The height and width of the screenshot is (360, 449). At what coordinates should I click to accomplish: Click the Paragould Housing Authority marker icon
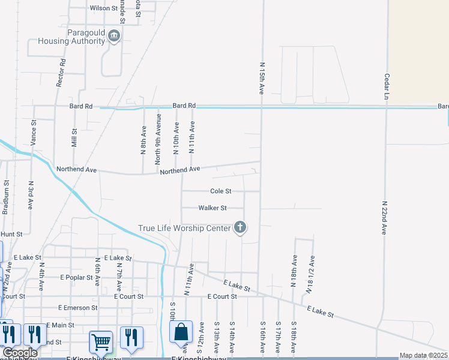point(114,38)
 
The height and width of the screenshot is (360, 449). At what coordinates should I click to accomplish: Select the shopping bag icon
point(181,332)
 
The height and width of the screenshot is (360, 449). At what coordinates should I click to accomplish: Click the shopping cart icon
point(101,342)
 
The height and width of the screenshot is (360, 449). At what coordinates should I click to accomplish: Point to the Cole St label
point(220,191)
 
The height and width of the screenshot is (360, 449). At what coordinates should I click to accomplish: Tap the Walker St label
point(212,208)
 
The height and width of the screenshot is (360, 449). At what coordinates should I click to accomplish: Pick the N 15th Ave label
point(262,77)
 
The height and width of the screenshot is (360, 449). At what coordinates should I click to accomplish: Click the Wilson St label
point(103,8)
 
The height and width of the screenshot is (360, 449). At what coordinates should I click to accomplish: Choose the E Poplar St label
point(79,278)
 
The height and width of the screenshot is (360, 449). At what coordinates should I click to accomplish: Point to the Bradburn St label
point(5,197)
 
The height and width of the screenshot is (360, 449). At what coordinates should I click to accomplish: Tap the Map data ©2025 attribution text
point(423,356)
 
